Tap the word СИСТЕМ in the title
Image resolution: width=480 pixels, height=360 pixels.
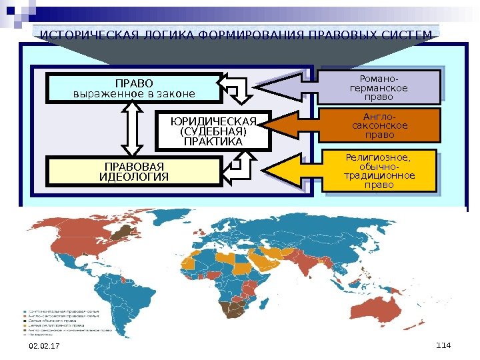pyautogui.click(x=407, y=35)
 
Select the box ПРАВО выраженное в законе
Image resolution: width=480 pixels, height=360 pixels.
pyautogui.click(x=134, y=89)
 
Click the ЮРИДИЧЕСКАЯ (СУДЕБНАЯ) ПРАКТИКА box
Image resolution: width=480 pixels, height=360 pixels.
pyautogui.click(x=213, y=131)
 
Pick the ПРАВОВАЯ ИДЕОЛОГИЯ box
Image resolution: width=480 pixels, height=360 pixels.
pyautogui.click(x=134, y=171)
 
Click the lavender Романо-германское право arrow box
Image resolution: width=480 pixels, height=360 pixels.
pyautogui.click(x=378, y=87)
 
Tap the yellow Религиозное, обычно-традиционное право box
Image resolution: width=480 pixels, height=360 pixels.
pyautogui.click(x=378, y=171)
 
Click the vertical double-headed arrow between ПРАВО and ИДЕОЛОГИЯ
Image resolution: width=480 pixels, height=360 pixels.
pyautogui.click(x=130, y=130)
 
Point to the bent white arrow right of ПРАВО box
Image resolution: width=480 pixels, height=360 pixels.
pyautogui.click(x=237, y=90)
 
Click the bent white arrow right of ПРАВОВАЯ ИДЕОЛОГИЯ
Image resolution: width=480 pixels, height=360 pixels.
pyautogui.click(x=237, y=169)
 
